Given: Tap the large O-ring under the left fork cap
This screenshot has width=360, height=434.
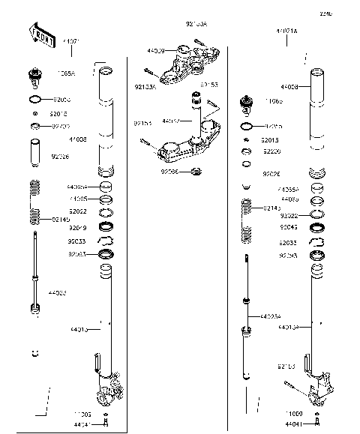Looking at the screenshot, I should coord(35,99).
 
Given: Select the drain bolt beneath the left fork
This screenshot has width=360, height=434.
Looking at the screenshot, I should coord(106,425).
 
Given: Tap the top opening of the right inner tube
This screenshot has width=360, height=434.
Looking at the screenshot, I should coord(316,73).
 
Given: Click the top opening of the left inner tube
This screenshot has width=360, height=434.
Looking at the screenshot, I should coord(106,72).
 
